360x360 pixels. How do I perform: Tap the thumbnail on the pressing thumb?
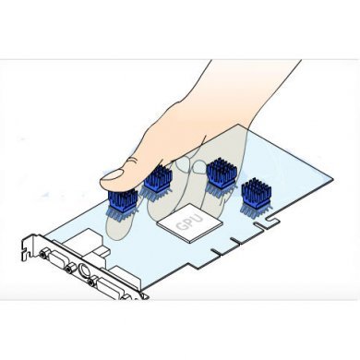coord(113,175)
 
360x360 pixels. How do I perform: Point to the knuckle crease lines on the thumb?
coord(133,161)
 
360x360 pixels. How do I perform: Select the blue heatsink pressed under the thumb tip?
coord(123,200)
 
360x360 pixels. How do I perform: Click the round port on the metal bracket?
coord(84,270)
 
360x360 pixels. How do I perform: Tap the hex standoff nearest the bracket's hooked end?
coord(43,253)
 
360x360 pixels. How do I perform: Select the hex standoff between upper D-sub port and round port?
coord(69,269)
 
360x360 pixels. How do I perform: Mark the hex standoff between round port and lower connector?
coord(91,281)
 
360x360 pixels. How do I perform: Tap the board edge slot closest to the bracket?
coord(216,252)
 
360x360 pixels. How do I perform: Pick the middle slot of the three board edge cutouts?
coord(235,241)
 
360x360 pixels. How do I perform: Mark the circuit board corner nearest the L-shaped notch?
coord(333,178)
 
